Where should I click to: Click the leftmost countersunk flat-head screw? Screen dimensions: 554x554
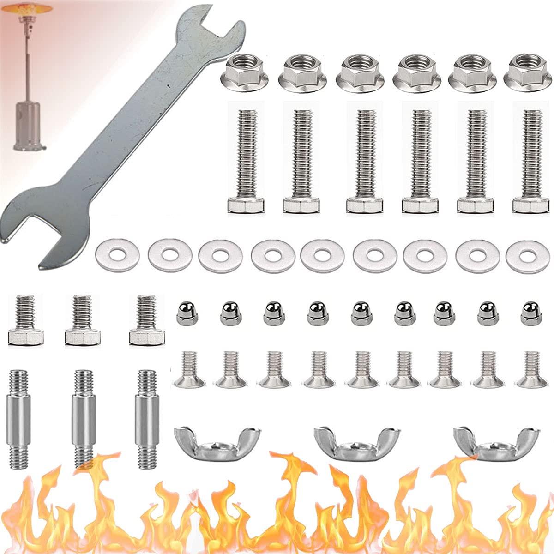(x=189, y=369)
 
